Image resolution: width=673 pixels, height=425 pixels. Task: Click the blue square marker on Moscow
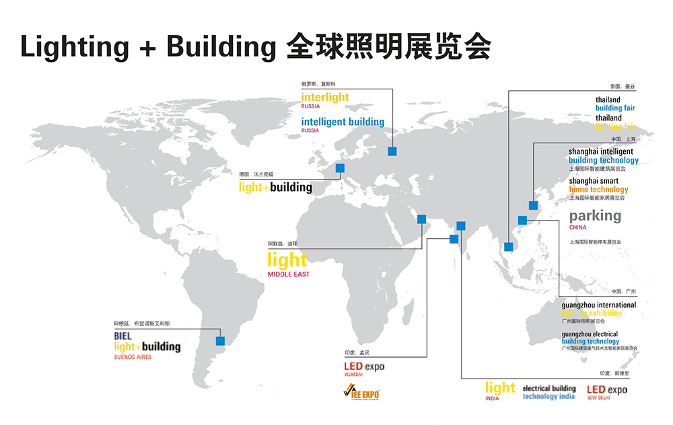coord(392,151)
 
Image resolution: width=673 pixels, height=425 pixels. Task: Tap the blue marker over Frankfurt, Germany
coord(340,169)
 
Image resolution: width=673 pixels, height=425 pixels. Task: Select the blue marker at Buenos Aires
coord(220,340)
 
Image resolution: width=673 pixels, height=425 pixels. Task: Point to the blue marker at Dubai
coord(422,219)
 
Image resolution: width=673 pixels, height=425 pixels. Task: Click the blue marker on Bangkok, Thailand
coord(508,247)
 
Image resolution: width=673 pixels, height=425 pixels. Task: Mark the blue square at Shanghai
coord(533,205)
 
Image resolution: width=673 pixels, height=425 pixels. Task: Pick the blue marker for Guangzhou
coord(522,220)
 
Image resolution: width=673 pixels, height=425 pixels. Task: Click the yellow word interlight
coord(325,97)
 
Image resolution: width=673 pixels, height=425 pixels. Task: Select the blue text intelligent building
coord(343,122)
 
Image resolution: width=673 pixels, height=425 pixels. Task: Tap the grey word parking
coord(595,216)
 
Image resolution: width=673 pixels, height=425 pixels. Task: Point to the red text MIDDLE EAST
coord(289,274)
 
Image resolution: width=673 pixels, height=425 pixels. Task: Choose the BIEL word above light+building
coord(123,336)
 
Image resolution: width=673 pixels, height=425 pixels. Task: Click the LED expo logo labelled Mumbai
coord(364,366)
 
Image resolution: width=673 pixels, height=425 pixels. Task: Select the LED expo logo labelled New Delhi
coord(606,390)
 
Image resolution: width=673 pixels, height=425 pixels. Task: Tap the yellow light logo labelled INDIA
coord(500,388)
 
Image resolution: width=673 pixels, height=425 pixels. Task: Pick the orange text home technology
coord(598,190)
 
